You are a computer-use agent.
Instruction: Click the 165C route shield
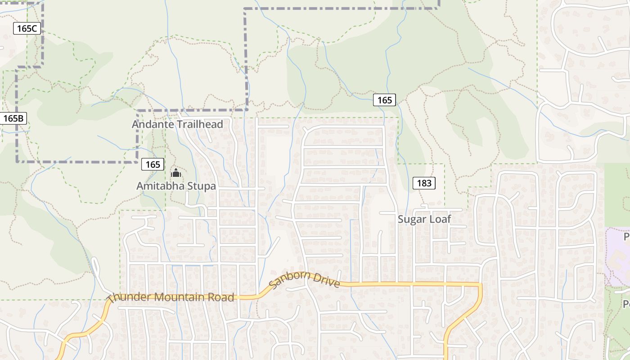27,28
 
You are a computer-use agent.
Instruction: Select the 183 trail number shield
424,183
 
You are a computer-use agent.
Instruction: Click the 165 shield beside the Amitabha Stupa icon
153,164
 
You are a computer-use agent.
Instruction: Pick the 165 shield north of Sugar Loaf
384,100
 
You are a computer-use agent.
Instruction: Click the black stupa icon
175,172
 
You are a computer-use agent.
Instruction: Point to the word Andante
152,124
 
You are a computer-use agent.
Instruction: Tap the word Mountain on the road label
180,297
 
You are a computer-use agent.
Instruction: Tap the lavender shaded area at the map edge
617,256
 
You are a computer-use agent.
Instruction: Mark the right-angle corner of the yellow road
480,284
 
